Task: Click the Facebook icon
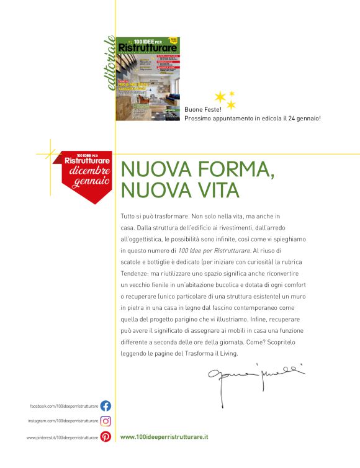pos(106,406)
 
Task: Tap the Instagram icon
pos(106,421)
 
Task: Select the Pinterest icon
pos(106,437)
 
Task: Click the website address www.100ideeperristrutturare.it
pos(164,437)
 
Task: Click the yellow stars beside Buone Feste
pos(225,99)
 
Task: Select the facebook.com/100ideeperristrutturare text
pos(64,406)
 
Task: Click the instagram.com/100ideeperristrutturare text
pos(63,421)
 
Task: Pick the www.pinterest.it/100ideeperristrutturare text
pos(62,437)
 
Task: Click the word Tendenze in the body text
pos(135,272)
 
